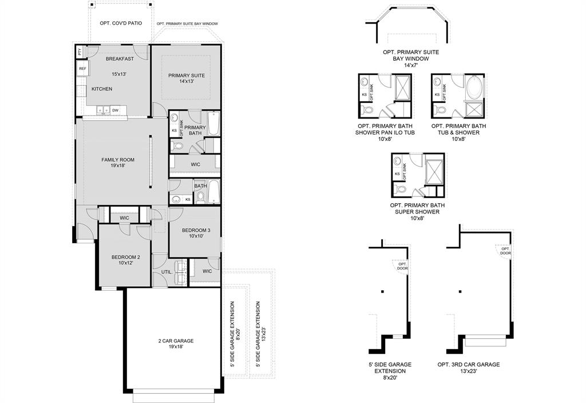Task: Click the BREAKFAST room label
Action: pyautogui.click(x=120, y=59)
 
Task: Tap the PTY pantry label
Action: pyautogui.click(x=80, y=52)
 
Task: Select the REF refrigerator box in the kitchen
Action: pyautogui.click(x=82, y=69)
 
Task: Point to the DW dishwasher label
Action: pyautogui.click(x=116, y=110)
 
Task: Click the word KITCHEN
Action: pyautogui.click(x=102, y=89)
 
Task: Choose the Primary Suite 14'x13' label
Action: pyautogui.click(x=186, y=78)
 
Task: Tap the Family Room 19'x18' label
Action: pyautogui.click(x=118, y=163)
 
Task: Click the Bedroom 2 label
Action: pyautogui.click(x=125, y=260)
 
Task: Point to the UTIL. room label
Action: pyautogui.click(x=167, y=272)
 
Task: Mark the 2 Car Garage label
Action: pyautogui.click(x=176, y=343)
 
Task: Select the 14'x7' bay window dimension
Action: pyautogui.click(x=411, y=65)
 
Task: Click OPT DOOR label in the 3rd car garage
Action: pyautogui.click(x=505, y=251)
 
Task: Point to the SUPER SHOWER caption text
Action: pyautogui.click(x=417, y=212)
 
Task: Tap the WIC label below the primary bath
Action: pyautogui.click(x=195, y=164)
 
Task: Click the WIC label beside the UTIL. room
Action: pyautogui.click(x=207, y=271)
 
